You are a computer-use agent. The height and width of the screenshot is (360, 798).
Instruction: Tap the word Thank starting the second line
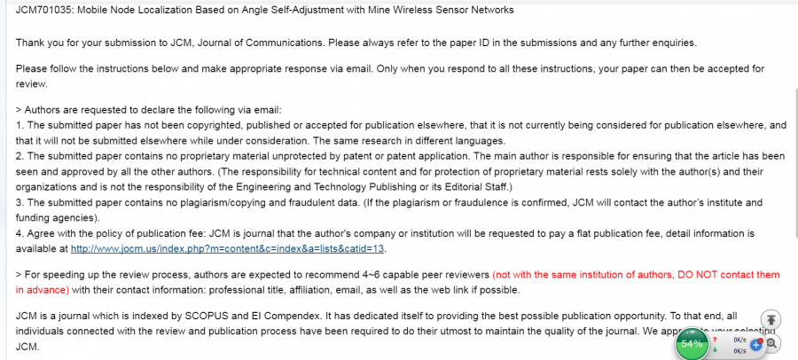pyautogui.click(x=32, y=43)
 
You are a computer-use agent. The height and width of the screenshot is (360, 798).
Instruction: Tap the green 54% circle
pyautogui.click(x=692, y=343)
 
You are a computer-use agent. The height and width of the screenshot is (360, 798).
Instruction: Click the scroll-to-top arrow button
pyautogui.click(x=771, y=320)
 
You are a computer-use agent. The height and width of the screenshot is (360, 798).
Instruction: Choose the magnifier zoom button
pyautogui.click(x=772, y=343)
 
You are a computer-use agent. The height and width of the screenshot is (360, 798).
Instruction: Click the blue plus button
pyautogui.click(x=756, y=343)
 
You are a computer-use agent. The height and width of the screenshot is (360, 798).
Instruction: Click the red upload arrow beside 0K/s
pyautogui.click(x=715, y=338)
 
